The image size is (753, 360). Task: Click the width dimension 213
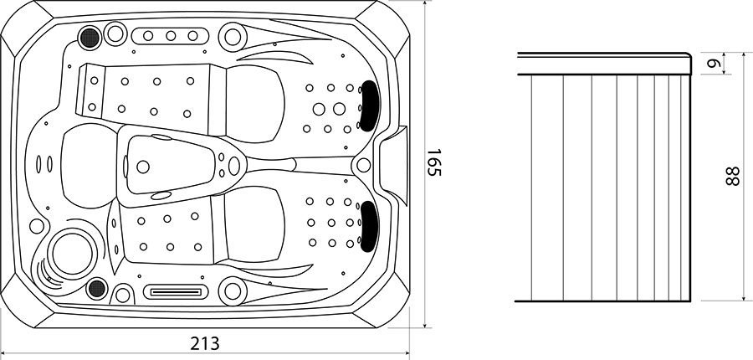(x=205, y=343)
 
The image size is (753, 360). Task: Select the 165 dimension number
(x=433, y=162)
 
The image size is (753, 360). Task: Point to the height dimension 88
(x=732, y=176)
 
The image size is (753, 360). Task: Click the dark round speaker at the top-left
(x=90, y=37)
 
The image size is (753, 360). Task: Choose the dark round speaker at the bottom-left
(x=97, y=288)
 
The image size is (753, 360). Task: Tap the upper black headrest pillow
(x=368, y=105)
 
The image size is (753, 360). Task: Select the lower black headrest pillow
(x=369, y=226)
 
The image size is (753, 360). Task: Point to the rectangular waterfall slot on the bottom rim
(x=177, y=291)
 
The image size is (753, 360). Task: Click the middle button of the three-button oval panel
(x=171, y=35)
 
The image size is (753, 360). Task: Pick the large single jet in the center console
(x=142, y=167)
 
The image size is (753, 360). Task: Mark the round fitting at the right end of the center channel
(x=364, y=165)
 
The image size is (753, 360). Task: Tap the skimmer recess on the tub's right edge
(x=392, y=164)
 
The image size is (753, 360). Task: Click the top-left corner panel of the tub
(x=27, y=28)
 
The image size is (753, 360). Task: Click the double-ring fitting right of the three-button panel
(x=233, y=37)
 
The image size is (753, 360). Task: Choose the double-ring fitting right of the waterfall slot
(x=233, y=291)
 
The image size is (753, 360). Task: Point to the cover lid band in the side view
(x=605, y=64)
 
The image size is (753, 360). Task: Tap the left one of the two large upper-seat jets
(x=319, y=109)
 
